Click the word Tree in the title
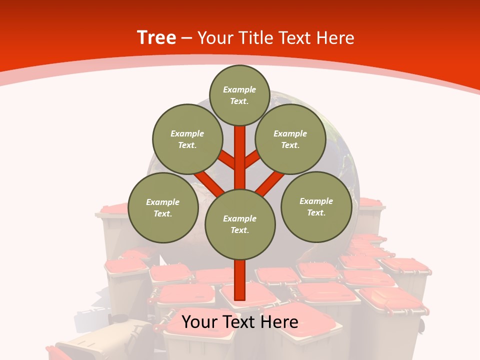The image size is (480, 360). coord(156,38)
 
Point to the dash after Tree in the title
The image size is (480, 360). coord(187,38)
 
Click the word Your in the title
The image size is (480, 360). coord(214,38)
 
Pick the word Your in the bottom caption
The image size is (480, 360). coord(200,322)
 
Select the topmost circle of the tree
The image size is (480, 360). coord(240,95)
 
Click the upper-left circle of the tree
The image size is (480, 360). coord(187,139)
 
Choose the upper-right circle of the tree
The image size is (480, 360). coord(290,139)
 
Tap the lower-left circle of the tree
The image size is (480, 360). coord(163,208)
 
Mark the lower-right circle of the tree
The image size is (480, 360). coord(316,207)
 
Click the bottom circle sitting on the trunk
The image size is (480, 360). coord(240,224)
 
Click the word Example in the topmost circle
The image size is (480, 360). coord(239,90)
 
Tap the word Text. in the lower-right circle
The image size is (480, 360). coord(316,213)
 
